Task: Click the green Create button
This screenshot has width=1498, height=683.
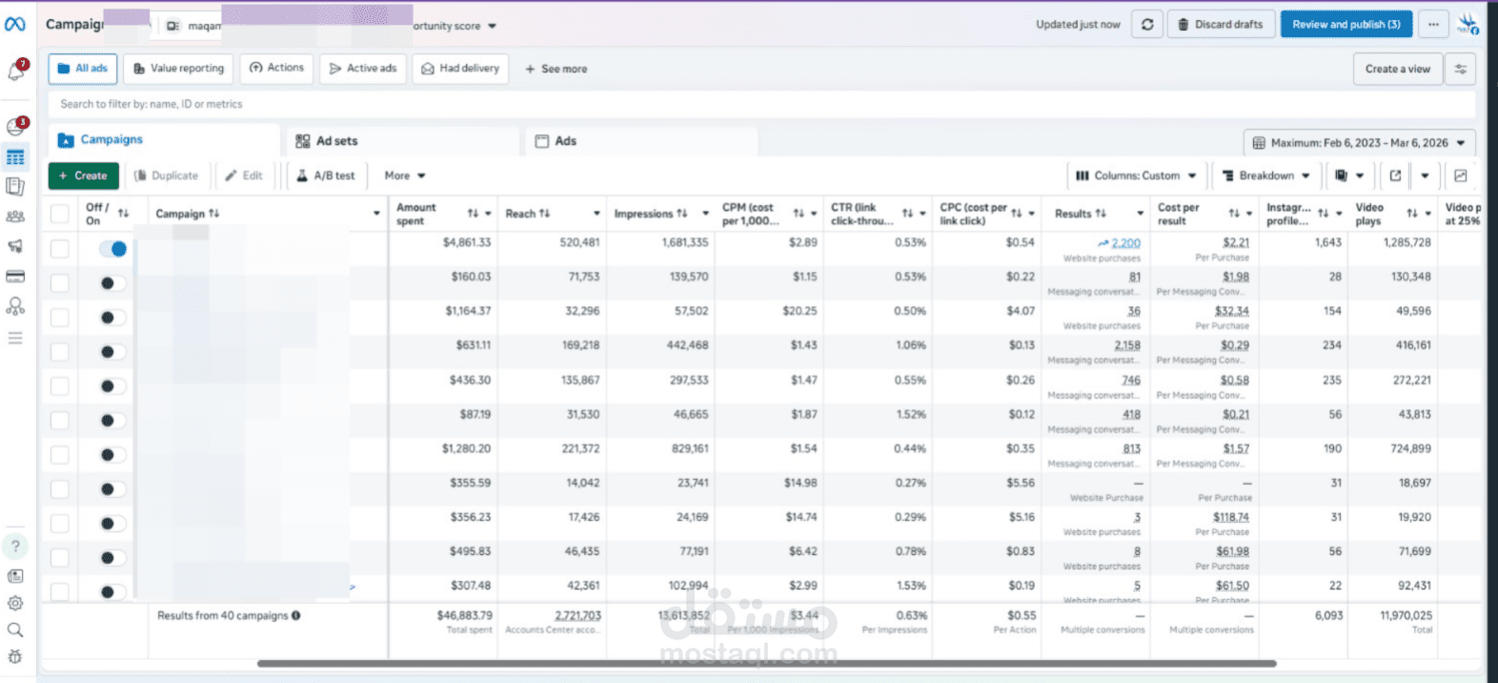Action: click(x=83, y=176)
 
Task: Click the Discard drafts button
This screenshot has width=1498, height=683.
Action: click(x=1220, y=25)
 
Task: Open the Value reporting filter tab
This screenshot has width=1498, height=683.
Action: click(x=178, y=69)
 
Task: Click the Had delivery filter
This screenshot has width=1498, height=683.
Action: click(x=460, y=69)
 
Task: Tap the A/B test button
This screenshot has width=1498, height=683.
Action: click(x=325, y=176)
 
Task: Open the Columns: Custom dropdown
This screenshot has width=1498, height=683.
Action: click(x=1136, y=176)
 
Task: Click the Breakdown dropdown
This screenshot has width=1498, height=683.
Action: click(x=1265, y=176)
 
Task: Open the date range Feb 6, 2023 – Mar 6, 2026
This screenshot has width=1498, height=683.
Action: click(x=1359, y=143)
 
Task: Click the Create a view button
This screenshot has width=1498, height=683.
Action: click(x=1397, y=69)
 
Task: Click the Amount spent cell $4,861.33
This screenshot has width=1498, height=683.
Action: click(x=466, y=242)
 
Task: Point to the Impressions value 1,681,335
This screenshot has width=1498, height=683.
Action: click(x=684, y=242)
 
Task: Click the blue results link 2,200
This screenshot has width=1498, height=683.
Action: click(x=1125, y=243)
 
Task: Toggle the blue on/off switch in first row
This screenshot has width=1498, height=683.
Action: click(x=113, y=249)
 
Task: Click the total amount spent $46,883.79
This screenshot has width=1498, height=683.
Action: click(x=464, y=615)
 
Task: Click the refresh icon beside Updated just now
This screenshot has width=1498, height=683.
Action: click(x=1147, y=25)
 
